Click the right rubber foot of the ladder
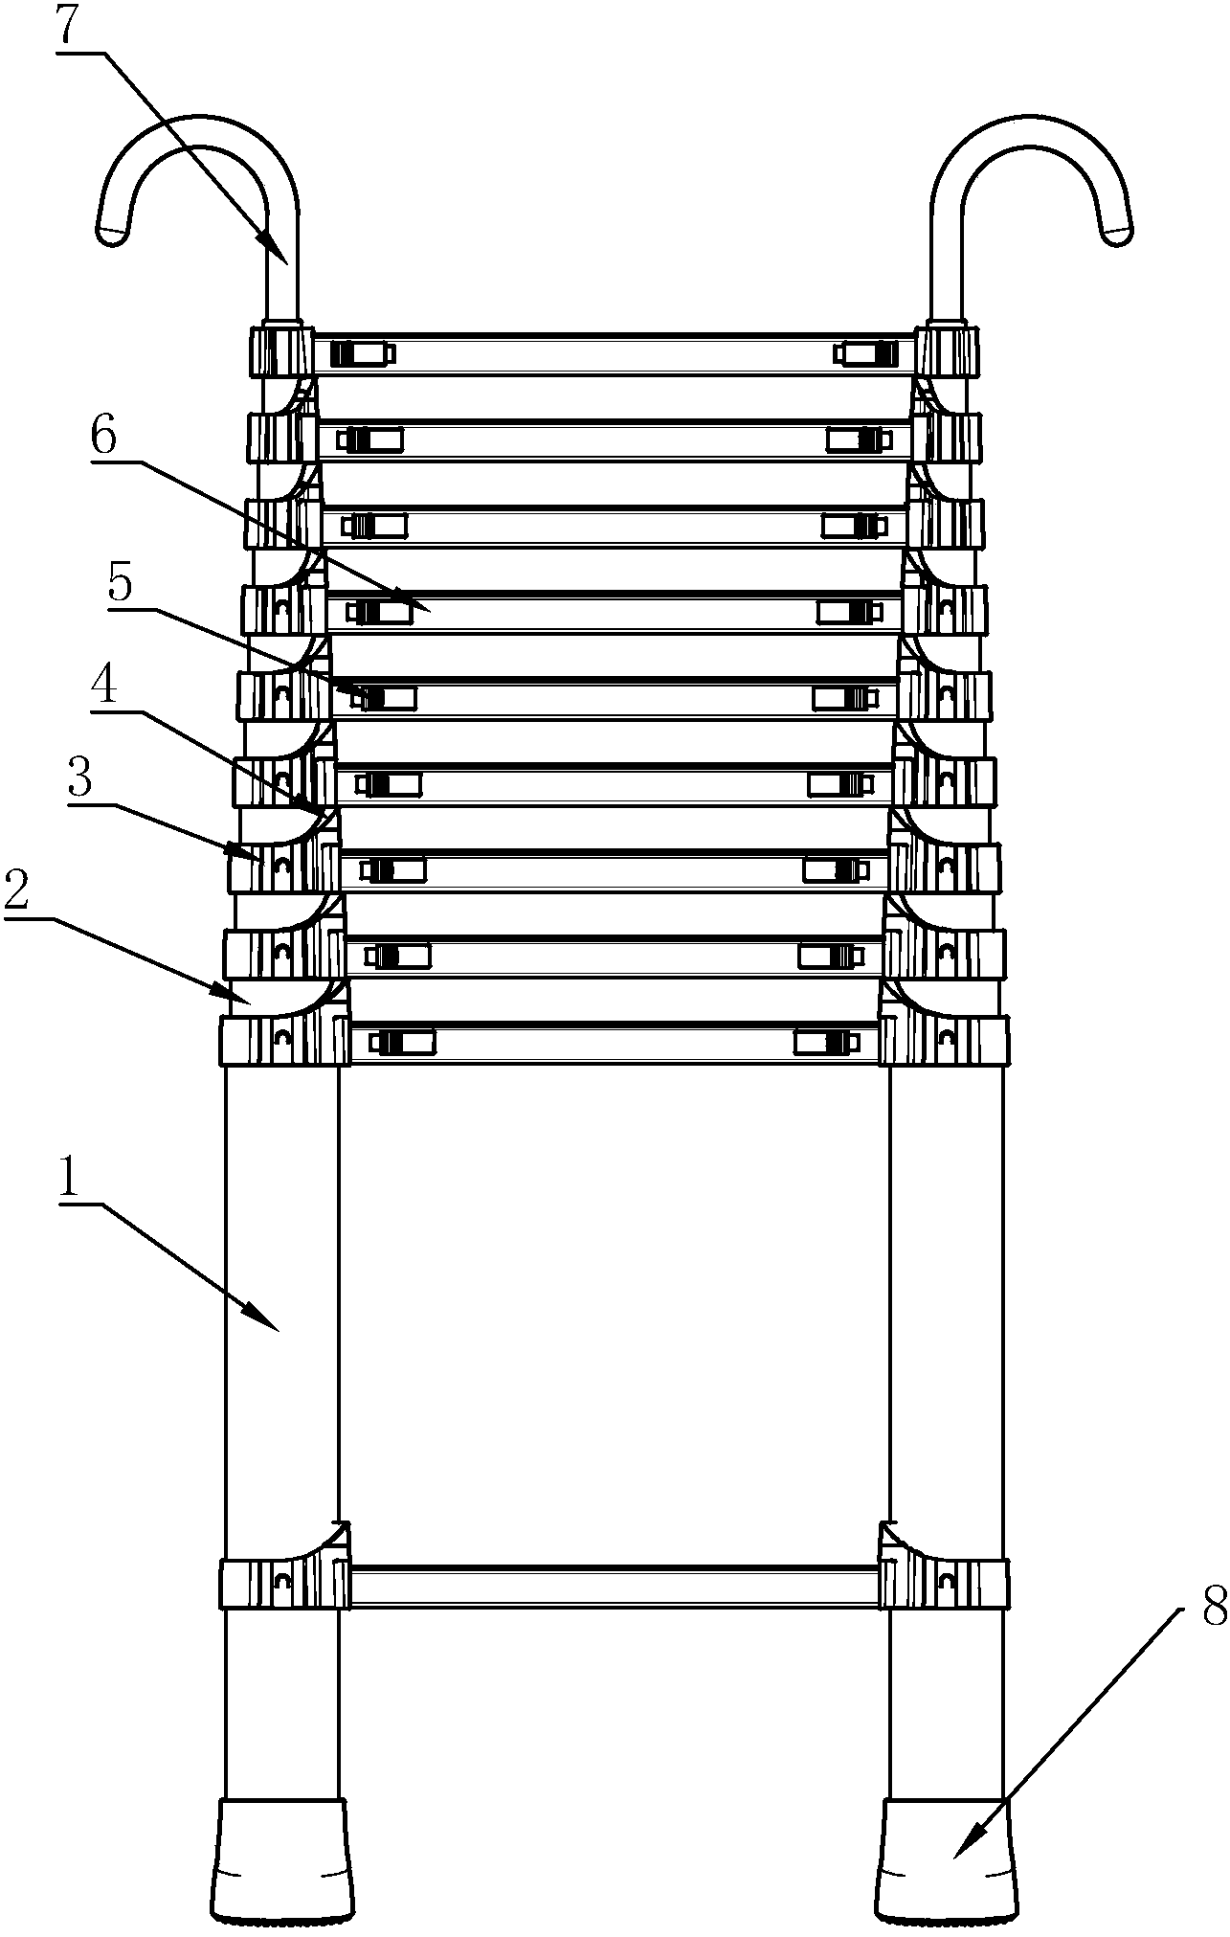click(946, 1860)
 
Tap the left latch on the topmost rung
click(362, 354)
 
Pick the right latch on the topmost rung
click(867, 354)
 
